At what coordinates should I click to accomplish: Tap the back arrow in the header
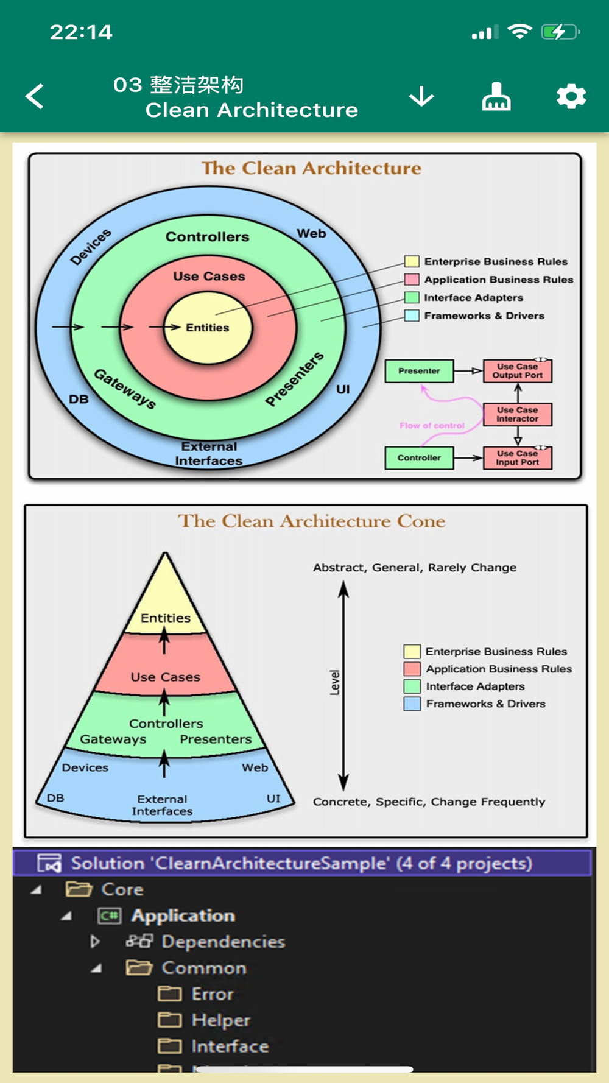(x=35, y=96)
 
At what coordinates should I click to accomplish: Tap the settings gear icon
(x=571, y=96)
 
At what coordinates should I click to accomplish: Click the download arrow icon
(x=421, y=96)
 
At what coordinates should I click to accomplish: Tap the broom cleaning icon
(x=496, y=96)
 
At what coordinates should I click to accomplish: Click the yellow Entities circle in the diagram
(x=208, y=328)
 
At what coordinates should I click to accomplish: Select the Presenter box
(x=419, y=370)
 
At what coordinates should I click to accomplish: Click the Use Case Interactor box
(x=517, y=414)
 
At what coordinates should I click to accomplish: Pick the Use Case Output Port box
(x=517, y=370)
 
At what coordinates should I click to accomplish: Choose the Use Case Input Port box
(x=517, y=458)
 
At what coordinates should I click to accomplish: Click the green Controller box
(x=419, y=458)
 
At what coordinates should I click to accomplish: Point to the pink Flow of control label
(x=432, y=426)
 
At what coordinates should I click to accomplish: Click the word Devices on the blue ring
(x=91, y=247)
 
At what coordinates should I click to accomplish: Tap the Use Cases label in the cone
(x=165, y=677)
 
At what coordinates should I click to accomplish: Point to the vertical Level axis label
(x=334, y=682)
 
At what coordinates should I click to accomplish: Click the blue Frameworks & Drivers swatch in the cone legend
(x=412, y=704)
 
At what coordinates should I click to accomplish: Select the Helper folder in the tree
(x=220, y=1020)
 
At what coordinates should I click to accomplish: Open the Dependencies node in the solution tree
(x=223, y=942)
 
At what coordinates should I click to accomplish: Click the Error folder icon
(x=170, y=994)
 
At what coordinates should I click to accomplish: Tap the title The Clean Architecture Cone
(x=311, y=521)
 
